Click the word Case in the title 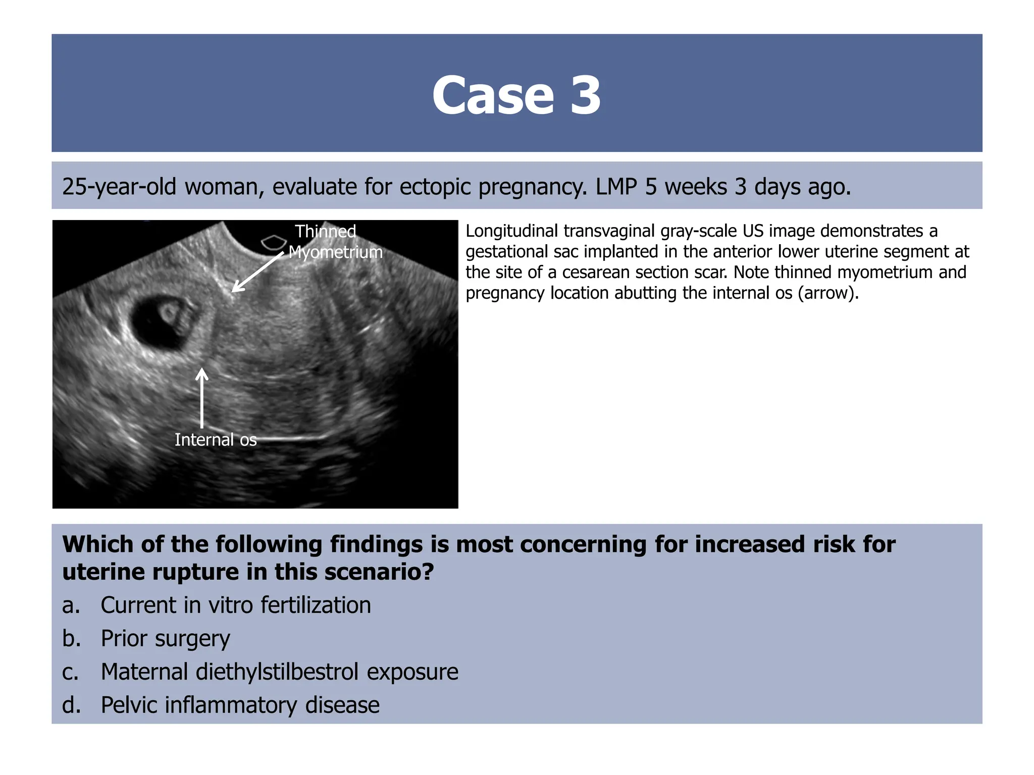click(x=493, y=95)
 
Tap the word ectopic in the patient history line click(x=435, y=187)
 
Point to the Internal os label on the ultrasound click(x=216, y=439)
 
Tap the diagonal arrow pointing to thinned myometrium click(x=257, y=272)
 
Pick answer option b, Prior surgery click(x=165, y=638)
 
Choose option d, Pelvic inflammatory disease click(x=240, y=705)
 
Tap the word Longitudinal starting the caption click(x=511, y=231)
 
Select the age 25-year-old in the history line click(x=119, y=187)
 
